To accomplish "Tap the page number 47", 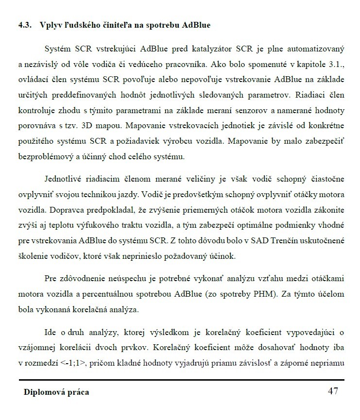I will [x=333, y=391].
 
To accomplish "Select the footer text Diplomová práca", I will [x=57, y=392].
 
